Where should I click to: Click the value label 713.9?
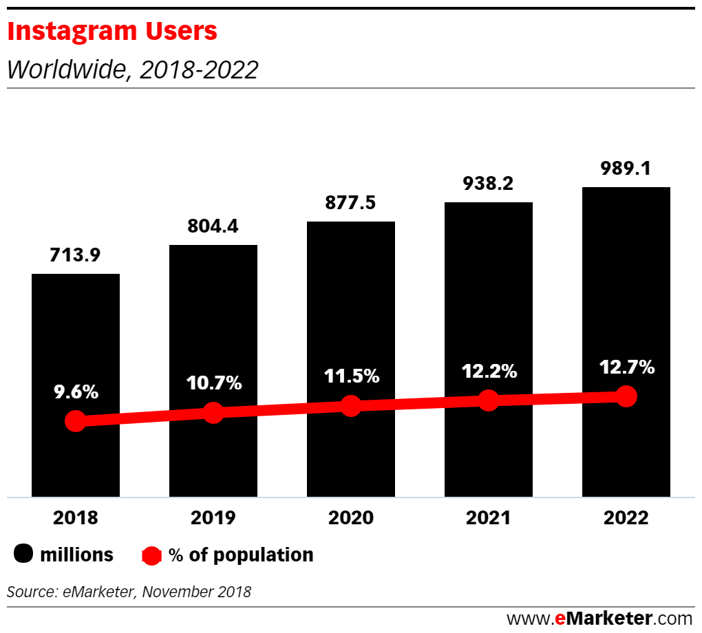tap(75, 255)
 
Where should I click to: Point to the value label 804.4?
tap(213, 226)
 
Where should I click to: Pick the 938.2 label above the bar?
tap(488, 184)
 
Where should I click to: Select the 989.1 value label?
tap(626, 169)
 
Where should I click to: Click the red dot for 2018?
tap(75, 421)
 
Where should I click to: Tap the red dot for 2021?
tap(488, 400)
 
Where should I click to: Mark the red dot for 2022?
tap(626, 396)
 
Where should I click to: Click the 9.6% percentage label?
tap(76, 393)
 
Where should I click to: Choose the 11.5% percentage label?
tap(351, 376)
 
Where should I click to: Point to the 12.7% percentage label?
tap(626, 367)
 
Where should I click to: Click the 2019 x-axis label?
tap(213, 518)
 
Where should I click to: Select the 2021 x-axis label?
tap(488, 518)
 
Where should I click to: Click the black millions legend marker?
tap(25, 555)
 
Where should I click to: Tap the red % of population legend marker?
tap(151, 555)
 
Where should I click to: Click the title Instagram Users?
tap(112, 32)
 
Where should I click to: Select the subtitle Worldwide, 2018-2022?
tap(132, 69)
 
